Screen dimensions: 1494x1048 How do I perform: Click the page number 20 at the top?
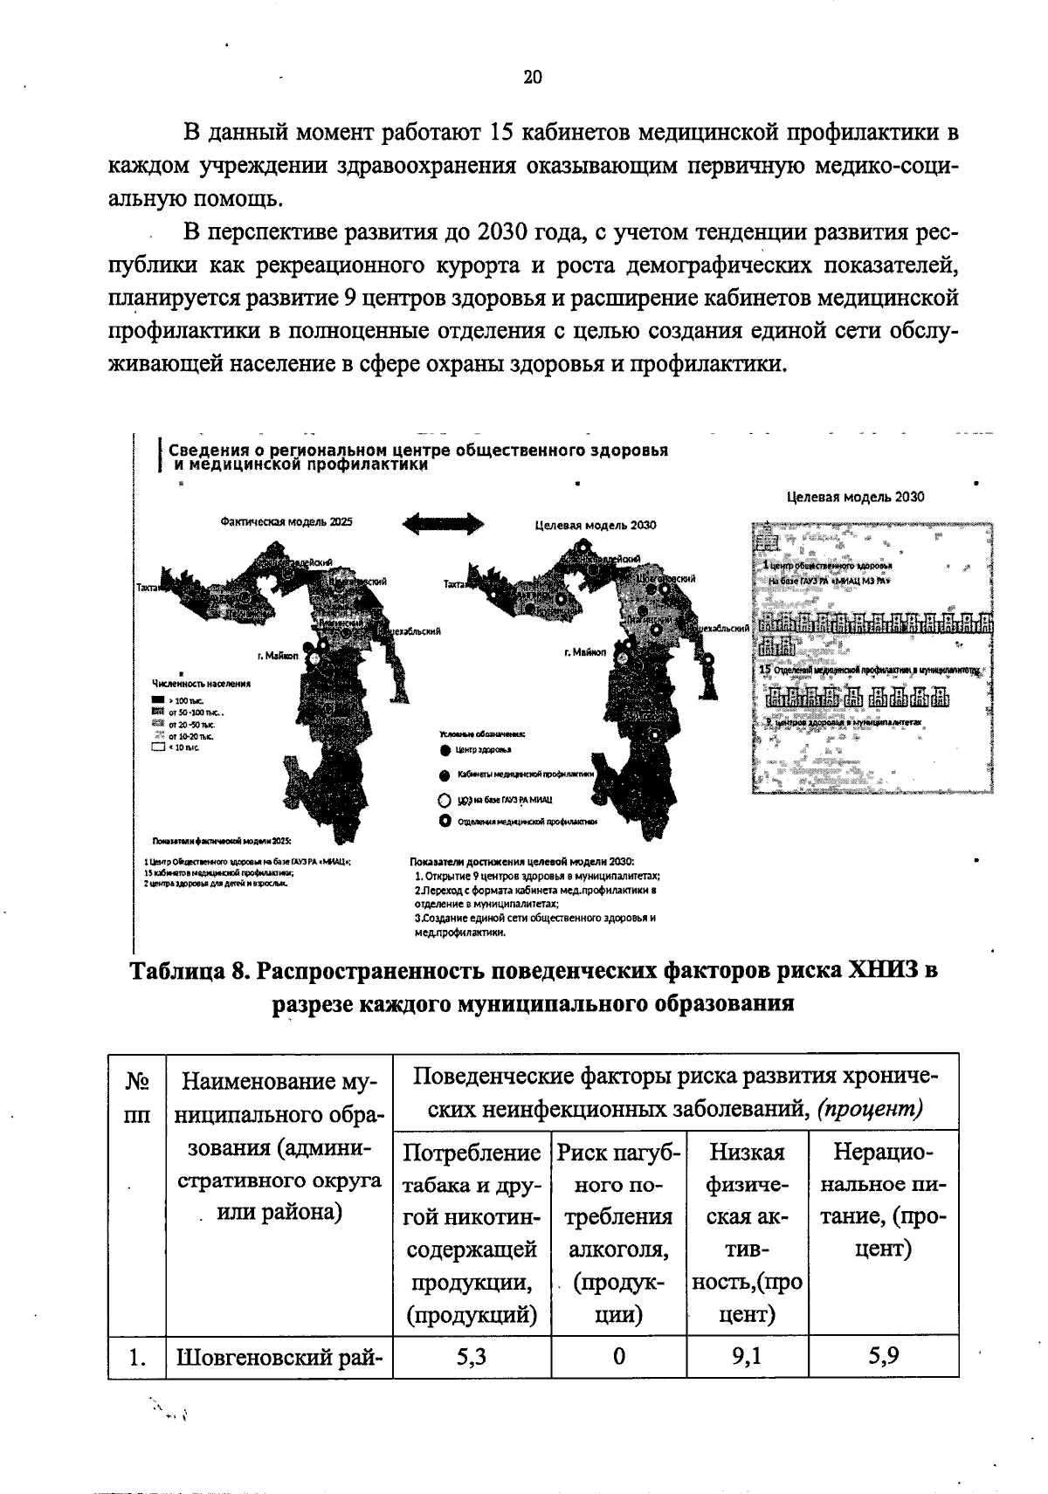pyautogui.click(x=533, y=77)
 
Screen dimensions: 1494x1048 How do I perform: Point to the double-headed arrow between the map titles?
pyautogui.click(x=442, y=524)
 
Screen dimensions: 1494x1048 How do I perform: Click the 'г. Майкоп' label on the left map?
pyautogui.click(x=277, y=657)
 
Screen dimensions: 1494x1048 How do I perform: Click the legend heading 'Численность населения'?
pyautogui.click(x=202, y=683)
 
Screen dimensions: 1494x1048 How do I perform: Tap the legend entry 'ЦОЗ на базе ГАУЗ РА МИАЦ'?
pyautogui.click(x=498, y=799)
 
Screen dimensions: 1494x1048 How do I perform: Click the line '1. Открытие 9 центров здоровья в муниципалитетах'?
pyautogui.click(x=536, y=876)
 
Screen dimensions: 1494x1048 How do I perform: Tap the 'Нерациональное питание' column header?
pyautogui.click(x=884, y=1201)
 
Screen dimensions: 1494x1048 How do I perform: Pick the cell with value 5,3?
pyautogui.click(x=472, y=1357)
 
